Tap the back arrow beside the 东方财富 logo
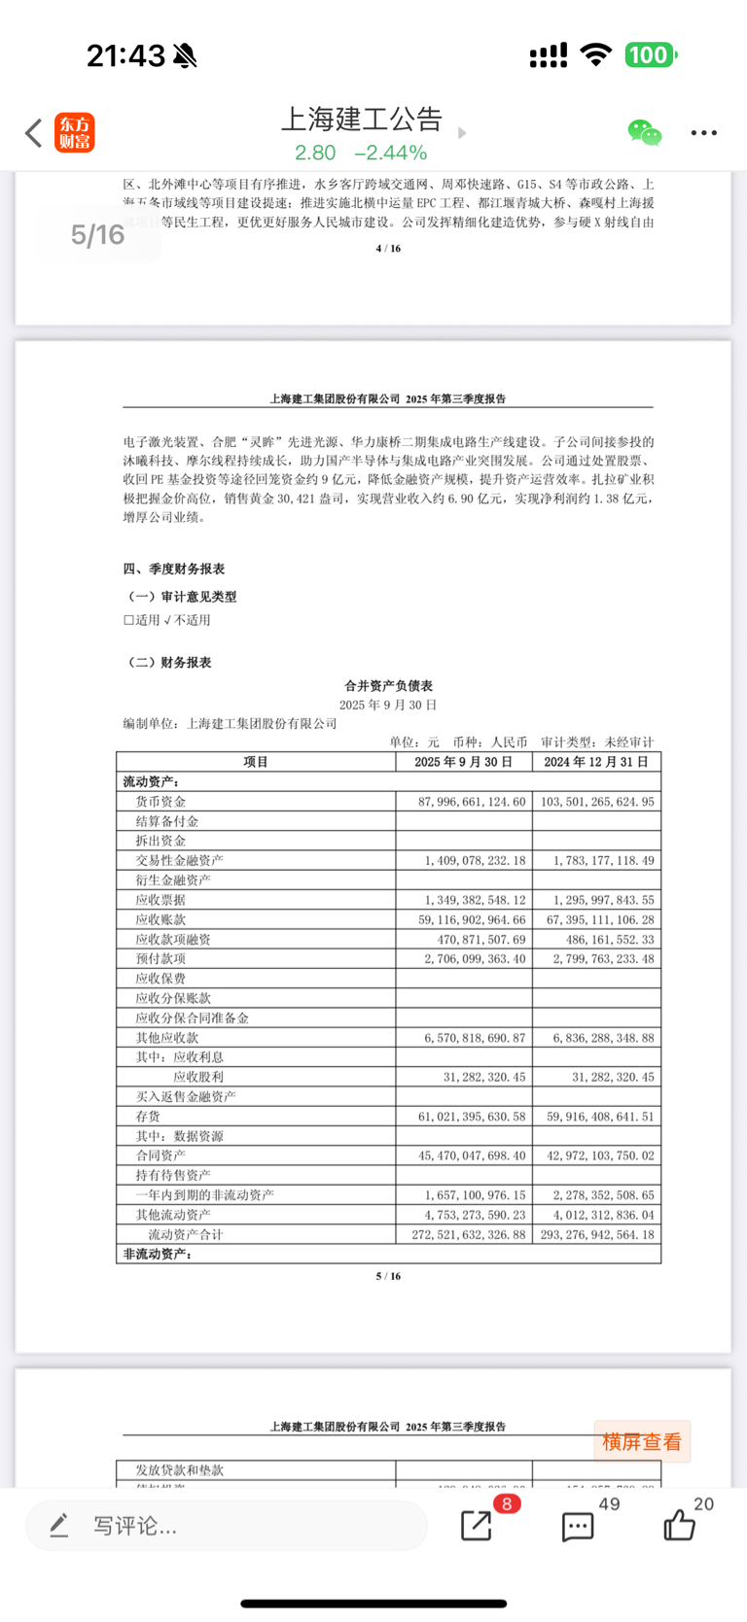pyautogui.click(x=34, y=133)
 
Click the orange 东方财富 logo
pyautogui.click(x=75, y=133)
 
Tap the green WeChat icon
pyautogui.click(x=644, y=132)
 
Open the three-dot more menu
pyautogui.click(x=703, y=133)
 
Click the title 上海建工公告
pyautogui.click(x=362, y=119)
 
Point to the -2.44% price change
pyautogui.click(x=390, y=153)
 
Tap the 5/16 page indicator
pyautogui.click(x=97, y=234)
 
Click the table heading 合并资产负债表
pyautogui.click(x=388, y=685)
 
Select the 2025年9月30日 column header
pyautogui.click(x=463, y=762)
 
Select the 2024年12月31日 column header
pyautogui.click(x=596, y=762)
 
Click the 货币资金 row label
pyautogui.click(x=160, y=802)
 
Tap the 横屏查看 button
pyautogui.click(x=642, y=1442)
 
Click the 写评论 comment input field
pyautogui.click(x=226, y=1526)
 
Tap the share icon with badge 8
pyautogui.click(x=477, y=1526)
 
